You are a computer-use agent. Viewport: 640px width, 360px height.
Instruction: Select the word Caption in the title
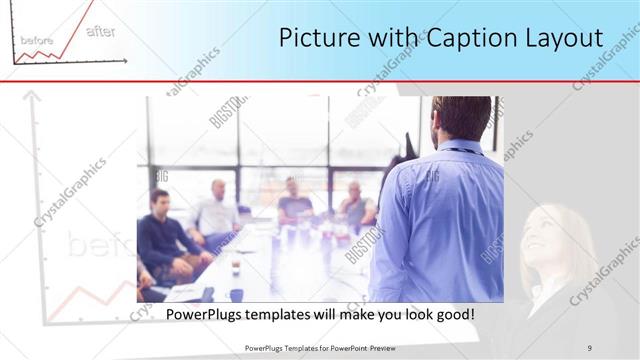click(x=471, y=38)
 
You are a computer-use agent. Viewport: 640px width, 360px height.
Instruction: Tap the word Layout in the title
click(x=564, y=38)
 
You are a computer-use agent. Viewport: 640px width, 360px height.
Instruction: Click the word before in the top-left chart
click(x=36, y=40)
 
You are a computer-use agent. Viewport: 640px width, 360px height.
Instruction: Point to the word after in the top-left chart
click(x=100, y=31)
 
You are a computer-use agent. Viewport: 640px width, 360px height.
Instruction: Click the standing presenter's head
click(x=461, y=119)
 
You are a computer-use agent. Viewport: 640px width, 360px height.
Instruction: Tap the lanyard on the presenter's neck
click(x=460, y=151)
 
